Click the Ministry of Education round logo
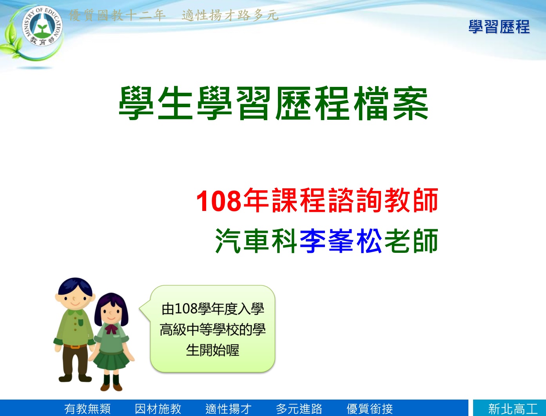(42, 26)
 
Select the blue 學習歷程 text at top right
(499, 27)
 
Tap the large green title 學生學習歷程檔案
(273, 103)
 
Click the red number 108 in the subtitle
(219, 200)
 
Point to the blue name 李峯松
(341, 241)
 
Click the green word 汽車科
(256, 241)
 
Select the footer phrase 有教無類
(87, 409)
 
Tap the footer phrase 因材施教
(158, 409)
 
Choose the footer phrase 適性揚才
(229, 409)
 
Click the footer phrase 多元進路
(299, 409)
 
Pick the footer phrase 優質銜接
(370, 409)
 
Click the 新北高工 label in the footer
(513, 409)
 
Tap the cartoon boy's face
(75, 299)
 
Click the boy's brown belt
(75, 346)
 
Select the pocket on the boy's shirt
(81, 322)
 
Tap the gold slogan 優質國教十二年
(117, 15)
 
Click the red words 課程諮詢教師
(354, 200)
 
